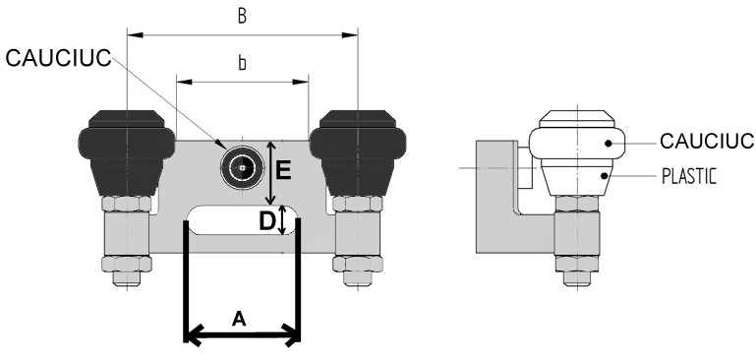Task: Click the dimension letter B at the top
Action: click(x=242, y=16)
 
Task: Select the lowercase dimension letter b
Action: click(x=242, y=63)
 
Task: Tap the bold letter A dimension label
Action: click(x=239, y=319)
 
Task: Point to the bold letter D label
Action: click(x=267, y=222)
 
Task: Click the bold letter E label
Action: click(x=283, y=170)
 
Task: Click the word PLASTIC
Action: click(x=689, y=177)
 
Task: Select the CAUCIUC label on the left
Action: click(x=58, y=58)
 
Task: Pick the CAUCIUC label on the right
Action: click(x=707, y=142)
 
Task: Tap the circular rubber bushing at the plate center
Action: click(x=242, y=167)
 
